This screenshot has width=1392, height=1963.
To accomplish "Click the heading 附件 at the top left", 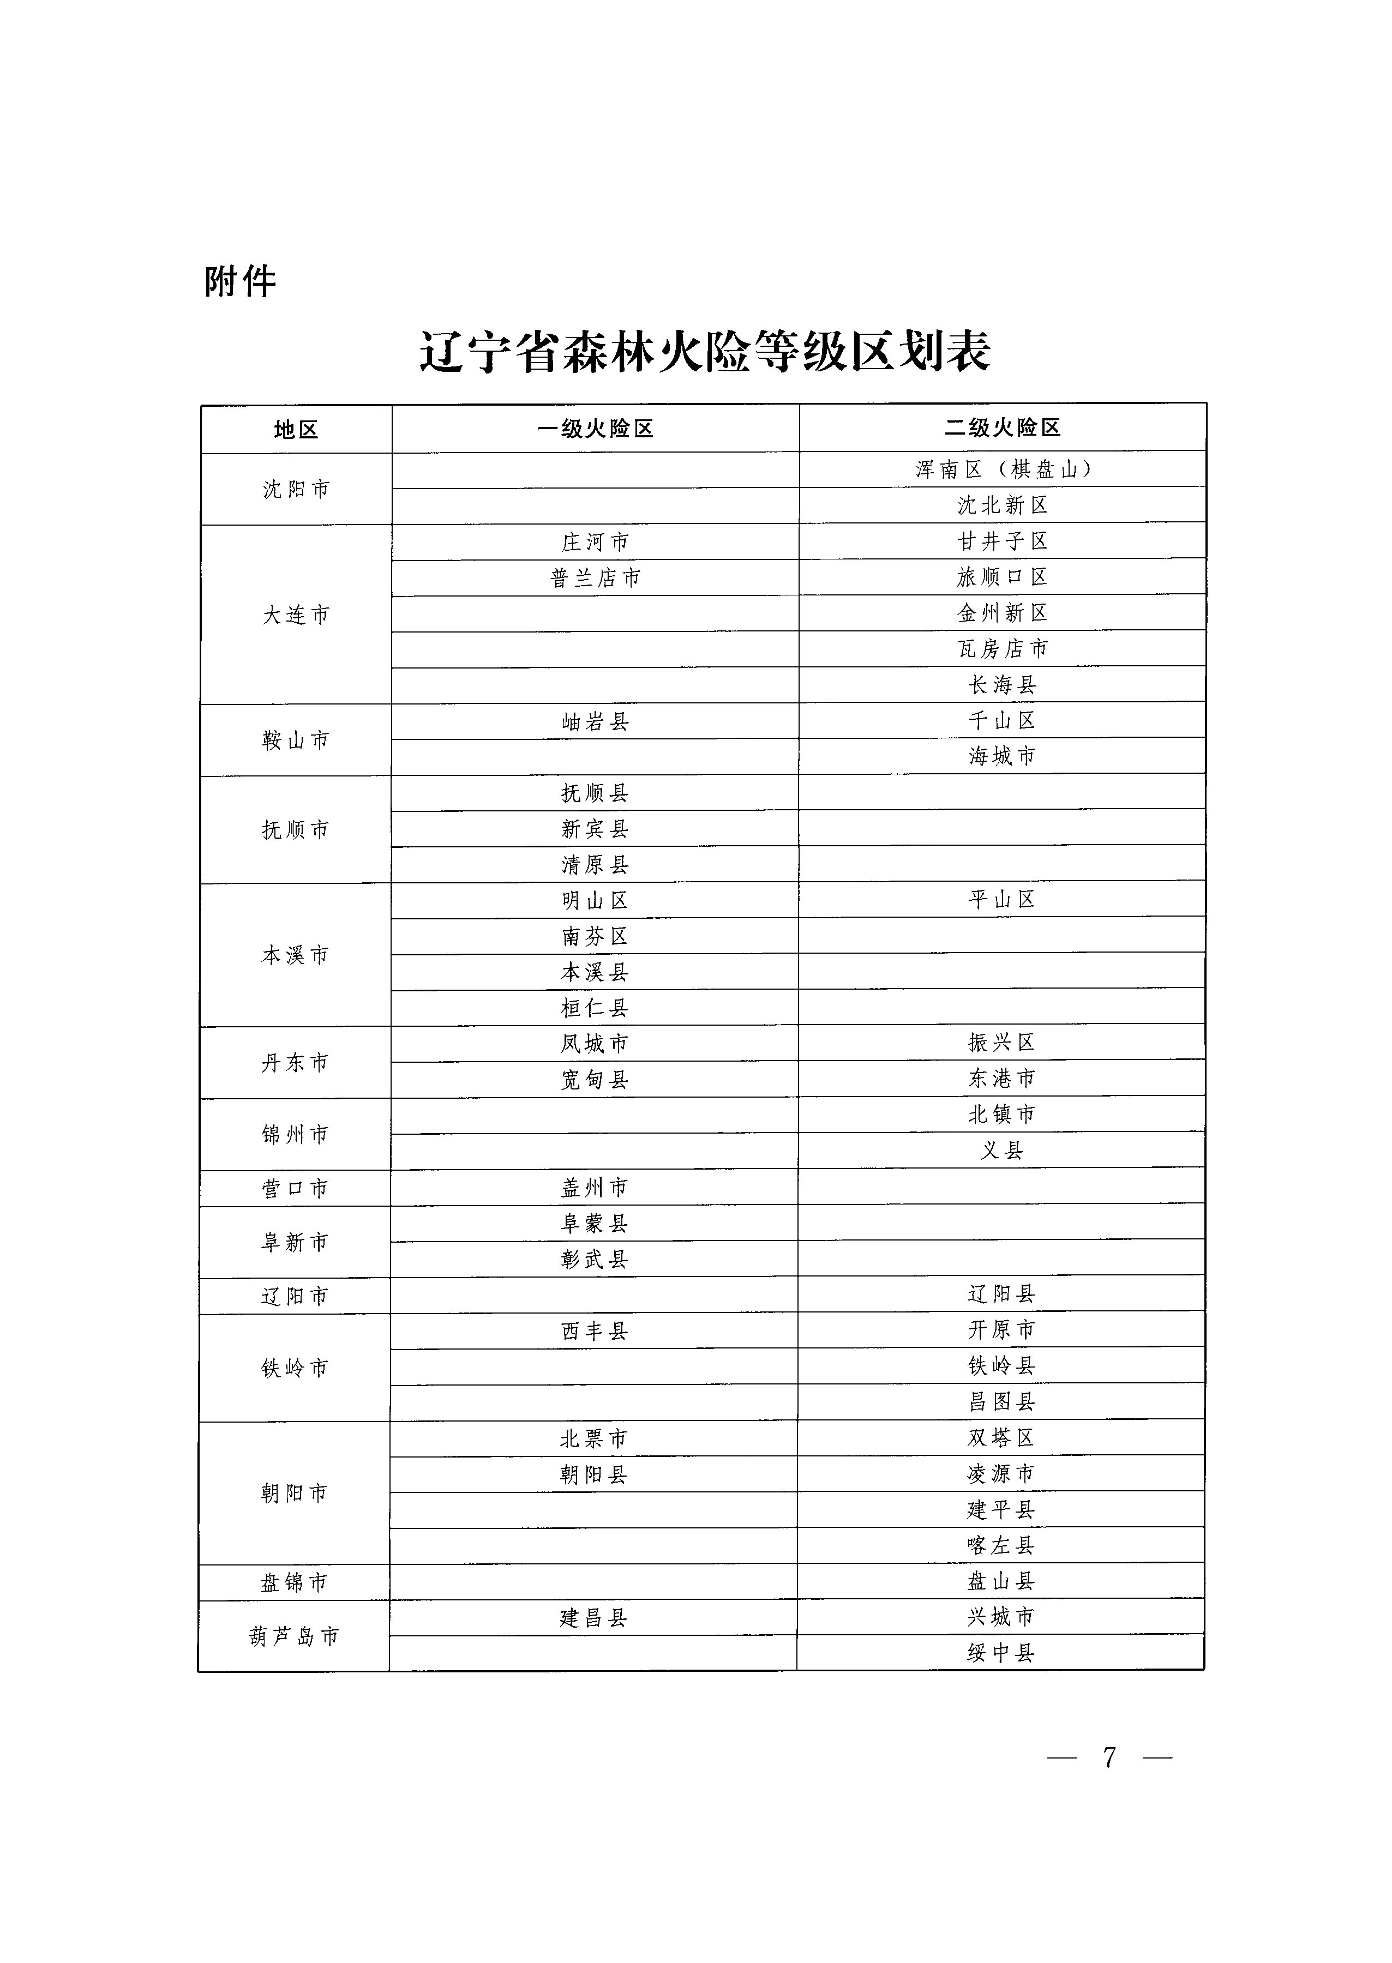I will [x=240, y=281].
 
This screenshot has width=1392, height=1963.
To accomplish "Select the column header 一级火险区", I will [x=595, y=429].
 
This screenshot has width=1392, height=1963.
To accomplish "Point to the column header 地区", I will [x=296, y=429].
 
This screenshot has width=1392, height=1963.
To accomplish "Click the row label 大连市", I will [x=296, y=615].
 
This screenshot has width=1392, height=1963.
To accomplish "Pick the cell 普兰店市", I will [x=595, y=579].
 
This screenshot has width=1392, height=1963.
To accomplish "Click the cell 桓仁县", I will [x=595, y=1008].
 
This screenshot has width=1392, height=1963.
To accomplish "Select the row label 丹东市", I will [x=295, y=1062].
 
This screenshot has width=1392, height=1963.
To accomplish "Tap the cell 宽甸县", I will [x=595, y=1080].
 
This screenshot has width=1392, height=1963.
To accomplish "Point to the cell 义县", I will [x=1001, y=1151].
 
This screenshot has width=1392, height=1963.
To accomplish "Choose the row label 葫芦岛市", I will [x=294, y=1636].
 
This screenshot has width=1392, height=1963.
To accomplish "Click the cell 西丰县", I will [x=595, y=1330].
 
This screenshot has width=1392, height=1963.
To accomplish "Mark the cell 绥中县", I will [x=1001, y=1653].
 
